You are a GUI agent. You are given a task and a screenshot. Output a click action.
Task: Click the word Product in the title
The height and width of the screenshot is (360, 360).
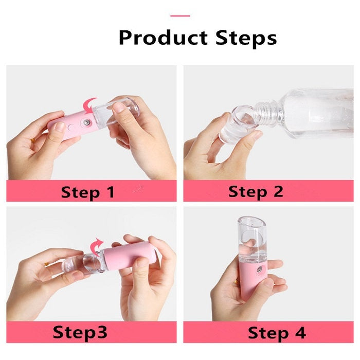(x=163, y=38)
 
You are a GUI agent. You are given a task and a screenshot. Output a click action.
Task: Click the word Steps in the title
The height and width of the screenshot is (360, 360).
(x=246, y=38)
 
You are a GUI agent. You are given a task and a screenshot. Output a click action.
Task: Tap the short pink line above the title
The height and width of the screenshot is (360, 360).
(x=180, y=16)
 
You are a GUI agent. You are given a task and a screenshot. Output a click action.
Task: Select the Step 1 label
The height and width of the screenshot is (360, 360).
(x=88, y=192)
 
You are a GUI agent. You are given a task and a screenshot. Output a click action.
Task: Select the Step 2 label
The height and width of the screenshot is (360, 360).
(x=256, y=191)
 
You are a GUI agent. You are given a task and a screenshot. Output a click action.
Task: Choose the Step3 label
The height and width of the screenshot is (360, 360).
(x=80, y=332)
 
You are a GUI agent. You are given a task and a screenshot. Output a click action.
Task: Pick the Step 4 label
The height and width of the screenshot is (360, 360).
(x=277, y=333)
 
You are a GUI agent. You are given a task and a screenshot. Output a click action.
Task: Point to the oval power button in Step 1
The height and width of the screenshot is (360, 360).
(x=71, y=127)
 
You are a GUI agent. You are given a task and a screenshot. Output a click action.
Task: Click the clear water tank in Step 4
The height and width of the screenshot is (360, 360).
(x=252, y=240)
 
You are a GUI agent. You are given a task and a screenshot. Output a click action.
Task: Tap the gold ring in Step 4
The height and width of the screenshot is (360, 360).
(x=236, y=282)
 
